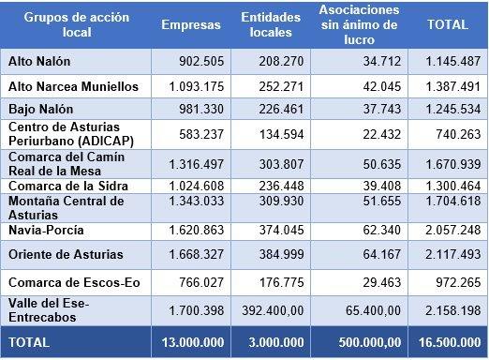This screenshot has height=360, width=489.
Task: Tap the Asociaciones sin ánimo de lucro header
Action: (358, 27)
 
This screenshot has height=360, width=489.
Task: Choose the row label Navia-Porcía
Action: (45, 230)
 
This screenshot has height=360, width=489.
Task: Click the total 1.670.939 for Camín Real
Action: (452, 161)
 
